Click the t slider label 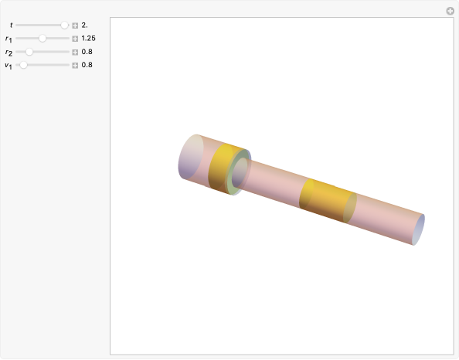click(11, 25)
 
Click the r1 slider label click(8, 39)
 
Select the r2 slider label click(8, 53)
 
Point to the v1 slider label click(8, 66)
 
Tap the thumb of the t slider click(65, 25)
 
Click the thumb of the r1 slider click(42, 38)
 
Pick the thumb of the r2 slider click(29, 52)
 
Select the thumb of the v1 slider click(23, 65)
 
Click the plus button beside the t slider click(75, 25)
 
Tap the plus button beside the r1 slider click(75, 38)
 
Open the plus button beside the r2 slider click(75, 52)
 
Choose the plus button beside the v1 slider click(75, 65)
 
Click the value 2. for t click(85, 25)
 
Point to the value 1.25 click(88, 38)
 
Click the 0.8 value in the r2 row click(87, 52)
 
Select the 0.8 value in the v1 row click(87, 65)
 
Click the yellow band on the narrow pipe click(325, 201)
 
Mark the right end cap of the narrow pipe click(418, 229)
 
